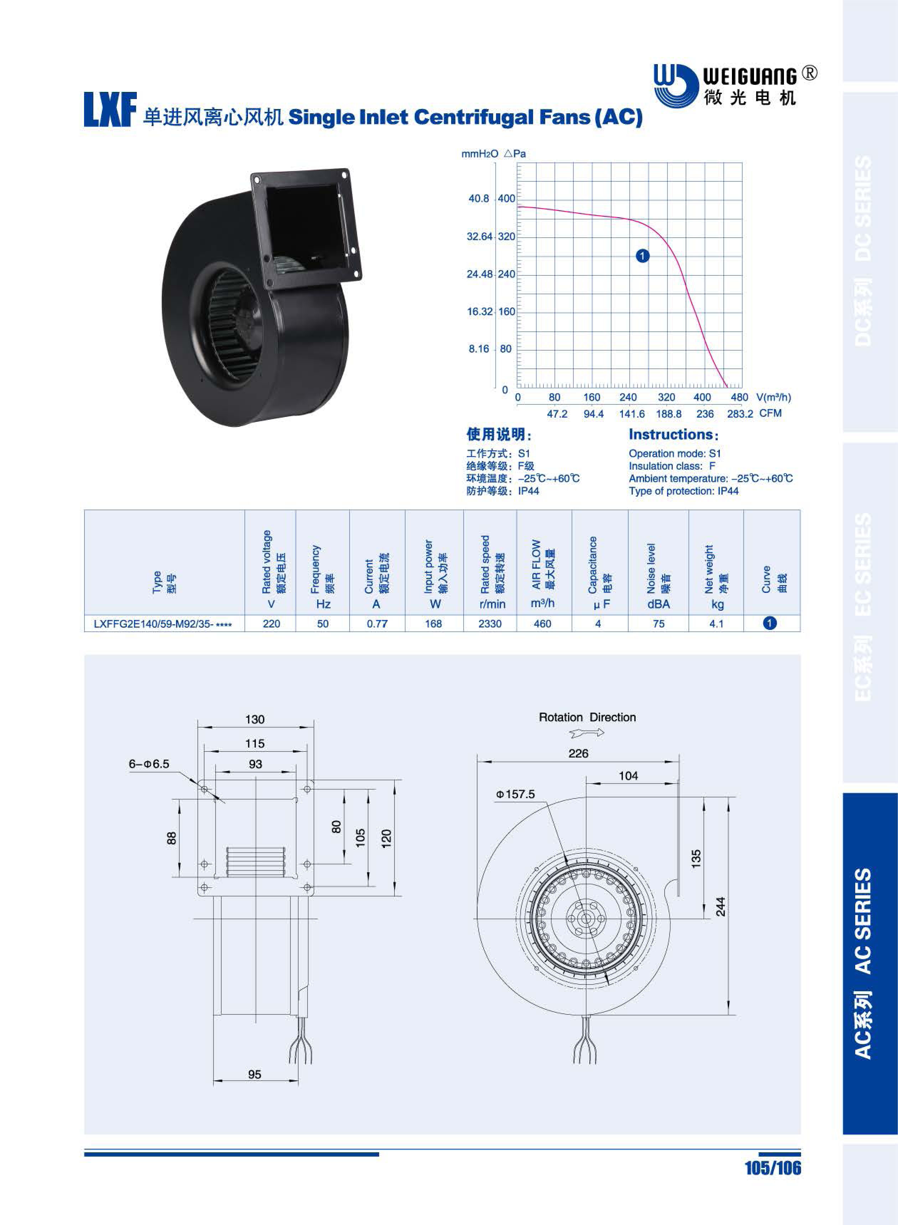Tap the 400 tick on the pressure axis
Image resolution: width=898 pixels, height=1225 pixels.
click(x=506, y=198)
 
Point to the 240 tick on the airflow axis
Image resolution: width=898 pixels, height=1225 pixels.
click(x=628, y=397)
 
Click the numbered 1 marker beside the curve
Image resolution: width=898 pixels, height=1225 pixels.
click(x=642, y=255)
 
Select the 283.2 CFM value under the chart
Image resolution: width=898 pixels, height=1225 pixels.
click(x=740, y=414)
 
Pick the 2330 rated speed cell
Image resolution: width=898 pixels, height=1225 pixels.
click(x=490, y=624)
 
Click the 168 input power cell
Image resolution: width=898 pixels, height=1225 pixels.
click(x=433, y=624)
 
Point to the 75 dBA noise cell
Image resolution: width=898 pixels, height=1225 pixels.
click(x=658, y=624)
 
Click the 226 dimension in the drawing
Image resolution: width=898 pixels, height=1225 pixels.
click(x=578, y=753)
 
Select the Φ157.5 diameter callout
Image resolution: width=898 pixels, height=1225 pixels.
click(x=515, y=794)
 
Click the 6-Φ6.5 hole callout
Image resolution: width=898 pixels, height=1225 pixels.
click(x=149, y=764)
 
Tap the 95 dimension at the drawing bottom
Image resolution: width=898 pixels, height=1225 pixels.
click(x=254, y=1074)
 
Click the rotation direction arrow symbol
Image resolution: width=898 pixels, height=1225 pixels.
click(x=587, y=733)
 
